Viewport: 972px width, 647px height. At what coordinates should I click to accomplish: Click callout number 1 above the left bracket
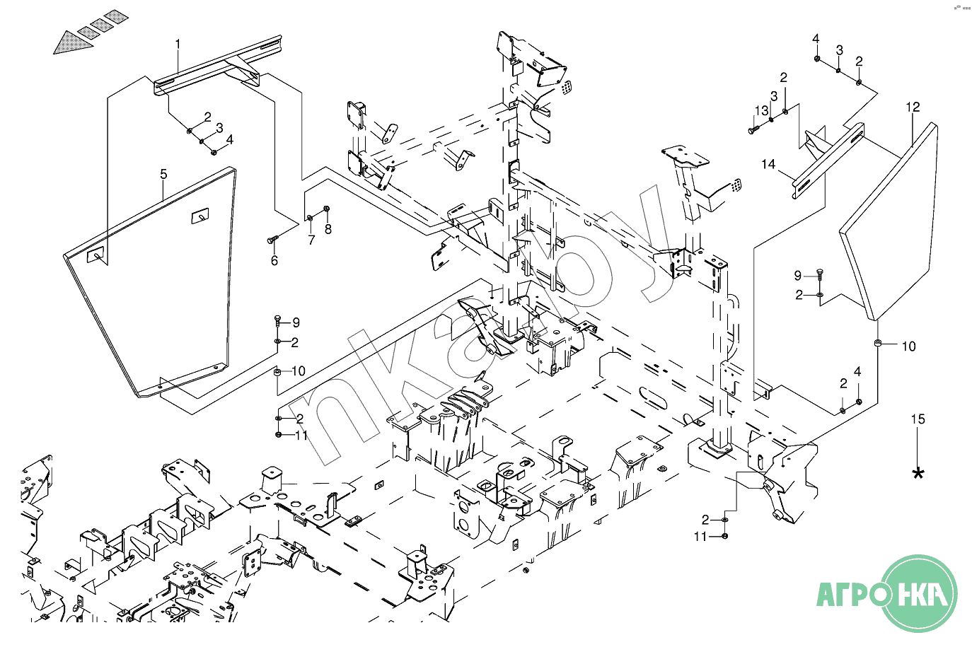tap(178, 44)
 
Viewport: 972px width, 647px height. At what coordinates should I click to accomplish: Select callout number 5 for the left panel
tap(163, 174)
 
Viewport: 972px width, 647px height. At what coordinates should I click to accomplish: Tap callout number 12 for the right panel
tap(913, 107)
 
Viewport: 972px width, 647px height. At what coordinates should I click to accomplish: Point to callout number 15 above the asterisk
tap(918, 419)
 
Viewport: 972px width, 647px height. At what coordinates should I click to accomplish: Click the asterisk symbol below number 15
tap(918, 474)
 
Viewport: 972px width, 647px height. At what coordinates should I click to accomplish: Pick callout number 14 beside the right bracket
tap(768, 164)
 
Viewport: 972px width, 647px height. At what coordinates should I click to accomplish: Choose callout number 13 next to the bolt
tap(761, 111)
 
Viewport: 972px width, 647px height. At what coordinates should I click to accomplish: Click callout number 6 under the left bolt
tap(274, 260)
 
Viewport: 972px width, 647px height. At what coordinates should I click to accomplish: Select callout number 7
tap(311, 240)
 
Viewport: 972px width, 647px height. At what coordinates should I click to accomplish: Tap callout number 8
tap(328, 229)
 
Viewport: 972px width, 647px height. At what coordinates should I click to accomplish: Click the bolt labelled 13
tap(753, 130)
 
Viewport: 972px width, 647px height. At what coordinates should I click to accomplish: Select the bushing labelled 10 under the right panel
tap(877, 344)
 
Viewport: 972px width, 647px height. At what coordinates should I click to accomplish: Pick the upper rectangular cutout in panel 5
tap(200, 216)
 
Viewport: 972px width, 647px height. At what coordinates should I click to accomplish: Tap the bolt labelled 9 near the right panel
tap(819, 274)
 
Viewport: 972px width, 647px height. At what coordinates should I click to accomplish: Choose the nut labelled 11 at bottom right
tap(726, 536)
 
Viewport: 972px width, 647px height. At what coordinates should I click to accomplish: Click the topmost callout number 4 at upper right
tap(816, 37)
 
